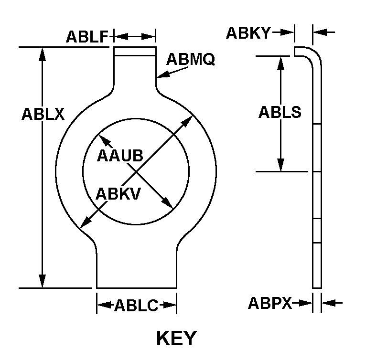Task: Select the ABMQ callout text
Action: (x=191, y=59)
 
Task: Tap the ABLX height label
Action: (x=43, y=115)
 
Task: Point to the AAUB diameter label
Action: (x=120, y=156)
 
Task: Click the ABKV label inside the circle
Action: (x=118, y=193)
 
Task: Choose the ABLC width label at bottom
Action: (x=136, y=306)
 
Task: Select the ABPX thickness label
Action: (x=269, y=303)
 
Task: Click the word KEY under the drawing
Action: (x=176, y=338)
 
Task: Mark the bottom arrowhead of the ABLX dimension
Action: (x=43, y=282)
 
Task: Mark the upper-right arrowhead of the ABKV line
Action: (x=189, y=119)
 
